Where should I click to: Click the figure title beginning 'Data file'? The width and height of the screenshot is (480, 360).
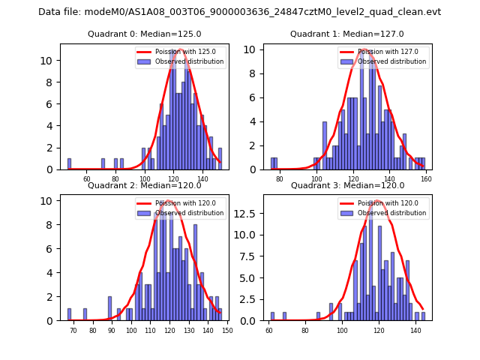pyautogui.click(x=239, y=12)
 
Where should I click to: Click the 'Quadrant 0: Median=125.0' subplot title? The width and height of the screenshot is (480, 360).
pyautogui.click(x=144, y=34)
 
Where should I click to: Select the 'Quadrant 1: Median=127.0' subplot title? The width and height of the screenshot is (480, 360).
pyautogui.click(x=347, y=34)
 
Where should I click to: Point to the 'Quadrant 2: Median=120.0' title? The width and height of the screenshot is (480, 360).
pyautogui.click(x=144, y=185)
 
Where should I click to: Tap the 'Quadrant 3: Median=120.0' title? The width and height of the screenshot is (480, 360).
pyautogui.click(x=347, y=185)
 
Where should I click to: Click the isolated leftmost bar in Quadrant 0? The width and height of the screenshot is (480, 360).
pyautogui.click(x=69, y=164)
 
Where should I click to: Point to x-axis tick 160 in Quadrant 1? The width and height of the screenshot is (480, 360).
pyautogui.click(x=425, y=179)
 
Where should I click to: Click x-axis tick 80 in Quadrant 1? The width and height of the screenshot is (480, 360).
pyautogui.click(x=280, y=179)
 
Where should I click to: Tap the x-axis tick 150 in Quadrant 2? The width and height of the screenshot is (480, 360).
pyautogui.click(x=226, y=330)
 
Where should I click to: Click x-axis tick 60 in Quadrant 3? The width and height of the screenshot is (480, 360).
pyautogui.click(x=270, y=330)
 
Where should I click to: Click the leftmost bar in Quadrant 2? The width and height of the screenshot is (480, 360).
pyautogui.click(x=69, y=315)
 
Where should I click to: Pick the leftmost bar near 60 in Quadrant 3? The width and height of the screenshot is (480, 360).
pyautogui.click(x=272, y=316)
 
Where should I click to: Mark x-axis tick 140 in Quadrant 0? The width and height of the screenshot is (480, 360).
pyautogui.click(x=202, y=179)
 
